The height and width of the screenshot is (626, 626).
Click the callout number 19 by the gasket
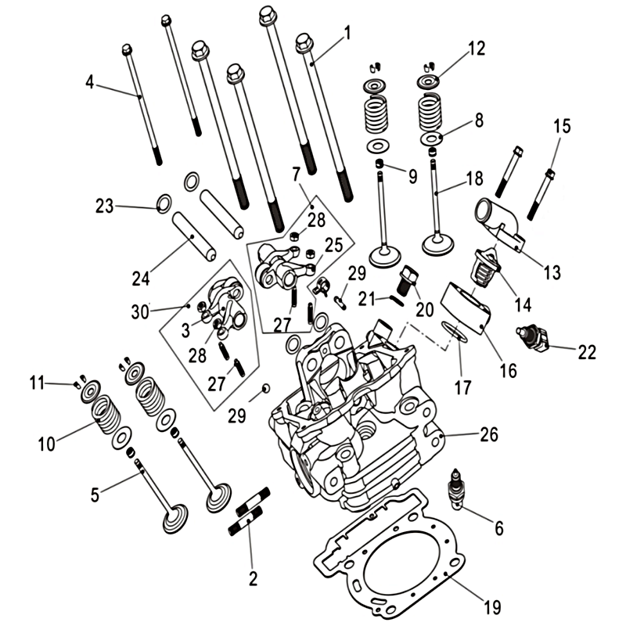point(492,606)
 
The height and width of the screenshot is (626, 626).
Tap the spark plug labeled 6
point(455,491)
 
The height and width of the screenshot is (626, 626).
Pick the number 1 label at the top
point(347,33)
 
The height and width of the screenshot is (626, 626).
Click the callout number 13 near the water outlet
point(552,272)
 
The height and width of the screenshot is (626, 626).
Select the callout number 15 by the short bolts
point(563,126)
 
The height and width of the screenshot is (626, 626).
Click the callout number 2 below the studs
point(252,579)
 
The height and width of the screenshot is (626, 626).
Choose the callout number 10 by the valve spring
point(47,444)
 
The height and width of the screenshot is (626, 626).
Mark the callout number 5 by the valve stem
point(95,494)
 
